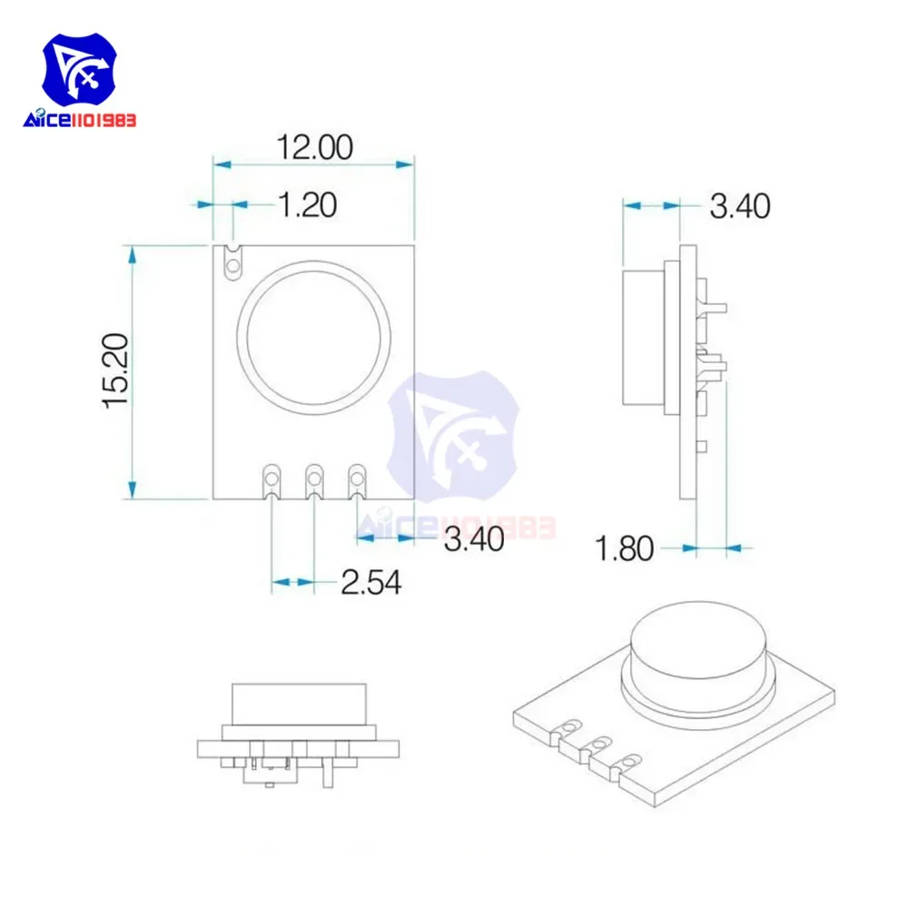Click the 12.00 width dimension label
(x=315, y=147)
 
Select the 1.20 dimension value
(x=308, y=205)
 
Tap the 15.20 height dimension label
(x=116, y=371)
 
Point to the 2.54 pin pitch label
(x=371, y=583)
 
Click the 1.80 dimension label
(x=625, y=548)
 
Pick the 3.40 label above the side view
(x=740, y=206)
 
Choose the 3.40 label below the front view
(x=474, y=539)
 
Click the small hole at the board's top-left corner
(x=232, y=266)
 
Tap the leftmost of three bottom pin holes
(x=271, y=479)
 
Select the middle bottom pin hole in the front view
(x=314, y=479)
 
